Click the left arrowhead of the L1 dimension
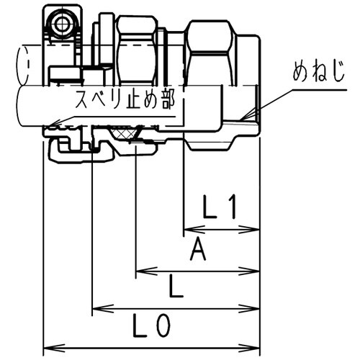pyautogui.click(x=188, y=230)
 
